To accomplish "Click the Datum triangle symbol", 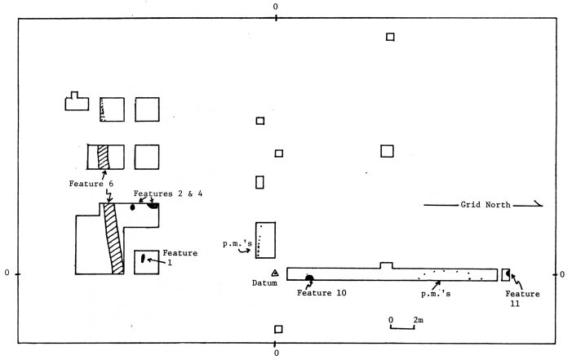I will tap(276, 272).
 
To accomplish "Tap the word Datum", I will tap(268, 284).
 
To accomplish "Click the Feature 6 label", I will tap(98, 184).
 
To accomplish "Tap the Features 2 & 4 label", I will tap(171, 193).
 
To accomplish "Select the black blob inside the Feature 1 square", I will tap(143, 259).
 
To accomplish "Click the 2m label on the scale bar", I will tap(417, 318).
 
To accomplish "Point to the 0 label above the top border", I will tap(275, 6).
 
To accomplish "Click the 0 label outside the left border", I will tap(7, 272).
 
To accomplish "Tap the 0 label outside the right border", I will tap(565, 272).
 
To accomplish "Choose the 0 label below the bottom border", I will tap(276, 353).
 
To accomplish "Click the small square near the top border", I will tap(391, 37).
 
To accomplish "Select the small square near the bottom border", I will tap(278, 329).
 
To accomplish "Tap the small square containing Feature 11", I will tap(506, 272).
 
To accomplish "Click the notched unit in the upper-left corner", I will tap(76, 101).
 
